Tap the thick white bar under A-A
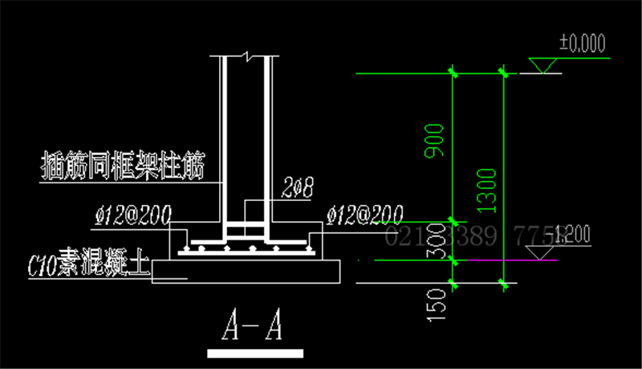point(255,353)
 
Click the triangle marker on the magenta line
point(546,252)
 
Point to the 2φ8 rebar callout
point(297,189)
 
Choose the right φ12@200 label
point(365,214)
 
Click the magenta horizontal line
point(481,260)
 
